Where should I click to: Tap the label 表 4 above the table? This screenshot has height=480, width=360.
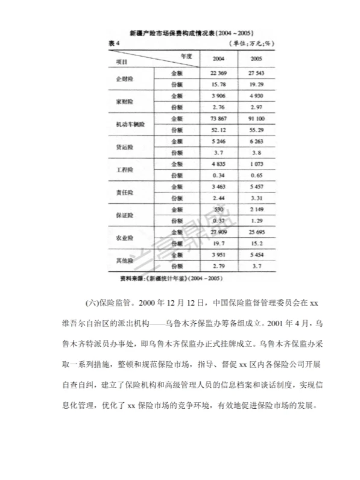(x=115, y=43)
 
